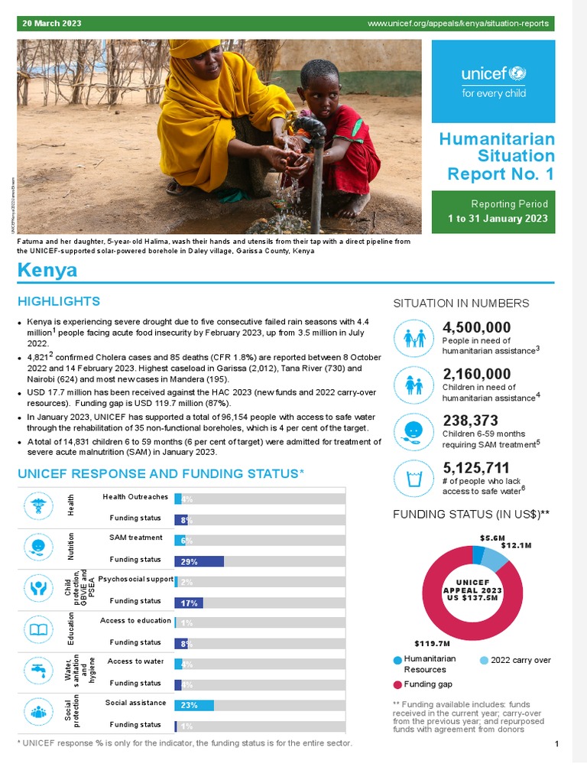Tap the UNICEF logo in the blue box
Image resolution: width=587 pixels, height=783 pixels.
point(493,80)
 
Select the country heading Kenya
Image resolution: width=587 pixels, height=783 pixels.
point(47,271)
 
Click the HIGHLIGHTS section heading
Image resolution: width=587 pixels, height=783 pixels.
point(59,301)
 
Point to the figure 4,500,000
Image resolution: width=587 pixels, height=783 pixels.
point(477,327)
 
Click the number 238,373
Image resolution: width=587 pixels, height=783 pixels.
point(470,420)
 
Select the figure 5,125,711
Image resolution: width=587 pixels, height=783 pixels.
point(477,466)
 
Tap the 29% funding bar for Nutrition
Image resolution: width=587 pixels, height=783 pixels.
point(199,561)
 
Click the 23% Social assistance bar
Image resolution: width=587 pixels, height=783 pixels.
point(194,705)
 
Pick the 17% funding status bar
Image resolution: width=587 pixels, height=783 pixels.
point(189,603)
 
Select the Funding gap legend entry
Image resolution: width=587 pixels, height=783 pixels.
point(427,684)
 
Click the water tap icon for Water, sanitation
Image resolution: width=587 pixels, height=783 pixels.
point(38,671)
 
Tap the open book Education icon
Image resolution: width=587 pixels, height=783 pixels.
point(38,630)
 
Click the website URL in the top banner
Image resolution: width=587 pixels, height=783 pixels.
point(458,23)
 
